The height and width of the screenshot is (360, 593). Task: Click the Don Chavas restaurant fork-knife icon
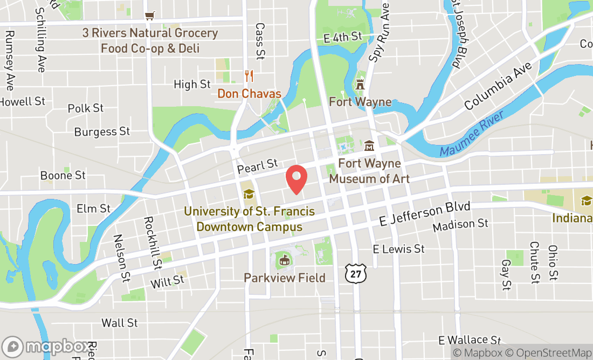click(249, 76)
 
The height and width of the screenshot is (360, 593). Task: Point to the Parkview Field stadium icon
click(283, 262)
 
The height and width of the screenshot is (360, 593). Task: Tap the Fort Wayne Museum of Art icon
click(369, 146)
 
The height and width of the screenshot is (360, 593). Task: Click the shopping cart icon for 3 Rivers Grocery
click(150, 16)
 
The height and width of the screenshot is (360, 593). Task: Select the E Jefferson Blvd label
click(424, 213)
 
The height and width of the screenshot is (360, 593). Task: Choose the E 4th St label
click(342, 37)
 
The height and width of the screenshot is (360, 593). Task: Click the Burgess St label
click(102, 131)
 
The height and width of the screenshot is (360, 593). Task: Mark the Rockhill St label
click(153, 243)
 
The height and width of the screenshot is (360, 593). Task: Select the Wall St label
click(120, 323)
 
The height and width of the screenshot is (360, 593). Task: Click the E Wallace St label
click(470, 340)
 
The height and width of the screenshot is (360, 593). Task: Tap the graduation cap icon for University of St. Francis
click(248, 193)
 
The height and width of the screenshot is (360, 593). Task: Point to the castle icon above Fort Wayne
click(360, 84)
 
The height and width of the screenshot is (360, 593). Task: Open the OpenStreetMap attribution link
click(553, 353)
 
